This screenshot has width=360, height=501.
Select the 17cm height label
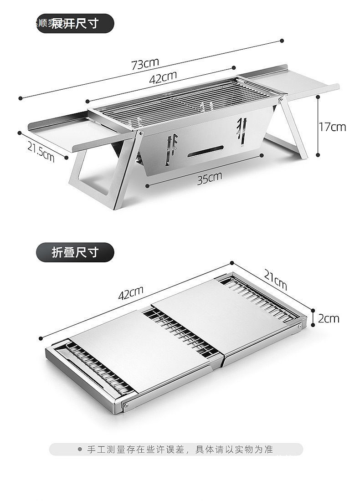coord(332,127)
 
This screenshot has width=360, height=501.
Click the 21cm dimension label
coord(275,279)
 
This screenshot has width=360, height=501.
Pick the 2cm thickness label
coord(329,318)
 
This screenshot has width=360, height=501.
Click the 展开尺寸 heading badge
coord(74,23)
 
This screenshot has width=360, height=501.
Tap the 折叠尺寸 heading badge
coord(74,251)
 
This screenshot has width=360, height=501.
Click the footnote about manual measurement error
coord(180,449)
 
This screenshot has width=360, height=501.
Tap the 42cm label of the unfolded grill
coord(163,78)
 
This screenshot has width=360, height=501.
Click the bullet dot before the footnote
coord(80,449)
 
